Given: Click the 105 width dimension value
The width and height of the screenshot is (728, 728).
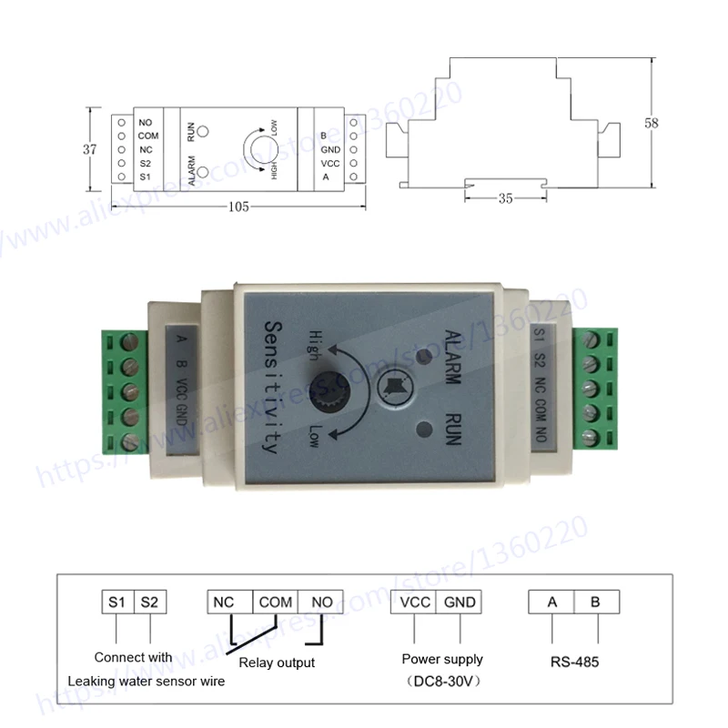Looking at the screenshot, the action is [x=238, y=207].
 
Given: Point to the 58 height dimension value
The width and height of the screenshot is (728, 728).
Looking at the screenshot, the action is [x=652, y=123].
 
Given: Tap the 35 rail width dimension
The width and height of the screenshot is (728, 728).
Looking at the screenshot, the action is [x=506, y=198].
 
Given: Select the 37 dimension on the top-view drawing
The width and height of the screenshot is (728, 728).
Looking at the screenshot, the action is [x=90, y=149].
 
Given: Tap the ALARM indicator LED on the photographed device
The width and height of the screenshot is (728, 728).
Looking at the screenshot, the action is [x=423, y=356].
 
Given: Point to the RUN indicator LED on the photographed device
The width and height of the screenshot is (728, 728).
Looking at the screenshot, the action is [x=424, y=430].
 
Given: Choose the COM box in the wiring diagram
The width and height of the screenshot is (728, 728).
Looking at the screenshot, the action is [x=276, y=602].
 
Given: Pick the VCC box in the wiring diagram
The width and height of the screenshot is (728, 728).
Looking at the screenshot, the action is [x=414, y=602].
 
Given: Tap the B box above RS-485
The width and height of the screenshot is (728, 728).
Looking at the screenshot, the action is [x=597, y=602].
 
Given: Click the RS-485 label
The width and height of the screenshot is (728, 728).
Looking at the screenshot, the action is [x=575, y=662].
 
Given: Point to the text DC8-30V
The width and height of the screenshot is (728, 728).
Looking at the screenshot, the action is [x=443, y=681].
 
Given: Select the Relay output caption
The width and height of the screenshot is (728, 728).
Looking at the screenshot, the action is [x=277, y=662].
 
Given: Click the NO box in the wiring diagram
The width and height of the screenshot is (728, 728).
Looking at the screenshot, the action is [x=321, y=602].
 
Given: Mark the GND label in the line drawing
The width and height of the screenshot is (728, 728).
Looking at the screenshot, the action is [x=330, y=149].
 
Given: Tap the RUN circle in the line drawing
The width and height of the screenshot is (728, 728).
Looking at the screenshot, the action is [x=203, y=132].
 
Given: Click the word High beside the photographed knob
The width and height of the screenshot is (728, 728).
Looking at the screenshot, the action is [x=316, y=346].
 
